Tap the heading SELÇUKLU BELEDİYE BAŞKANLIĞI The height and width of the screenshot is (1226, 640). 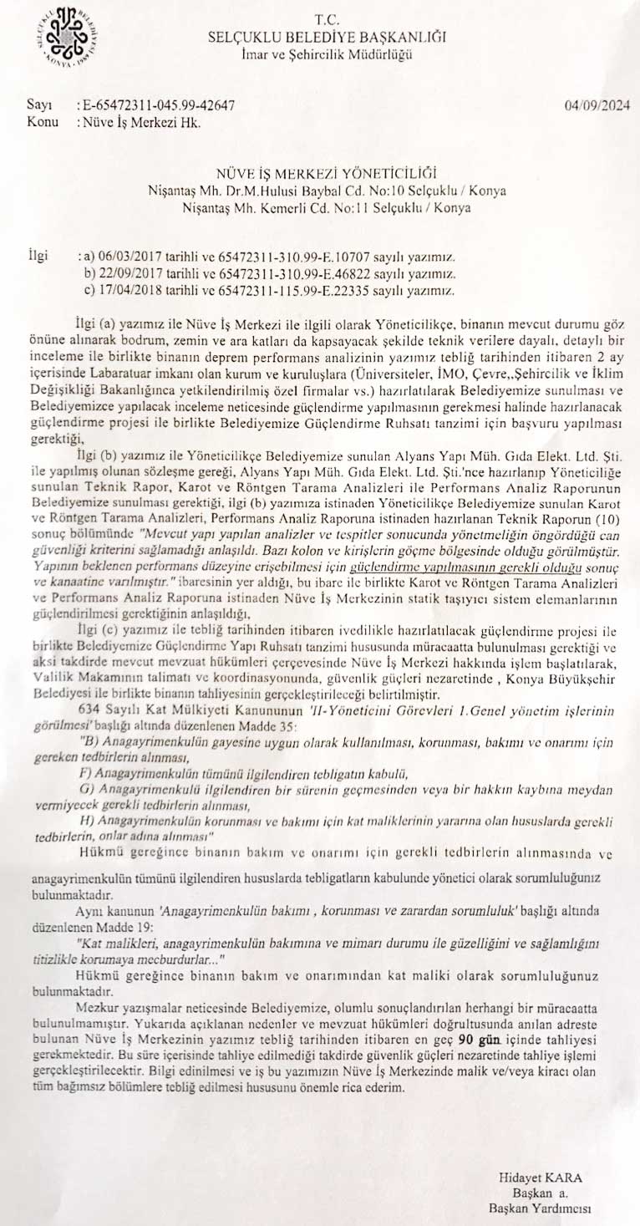coord(328,37)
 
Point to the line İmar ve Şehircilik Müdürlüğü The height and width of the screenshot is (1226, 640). coord(328,54)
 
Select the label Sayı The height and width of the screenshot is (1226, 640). coord(40,106)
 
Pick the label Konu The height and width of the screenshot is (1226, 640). coord(43,122)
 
